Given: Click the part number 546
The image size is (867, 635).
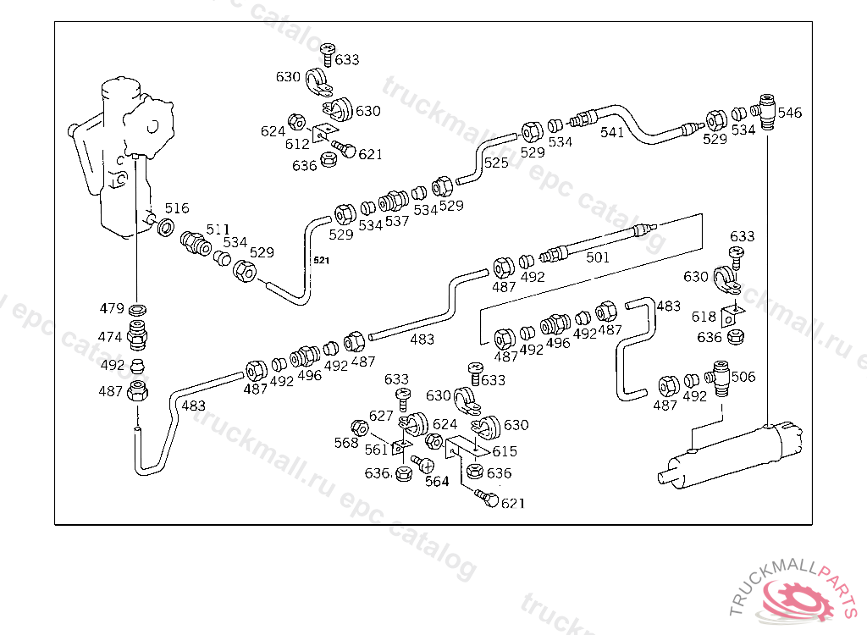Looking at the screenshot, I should point(789,113).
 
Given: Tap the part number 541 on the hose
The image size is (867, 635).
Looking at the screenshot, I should point(612,132).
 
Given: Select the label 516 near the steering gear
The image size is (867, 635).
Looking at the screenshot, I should point(177,208).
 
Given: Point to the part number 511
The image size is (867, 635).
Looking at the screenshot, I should point(218,229).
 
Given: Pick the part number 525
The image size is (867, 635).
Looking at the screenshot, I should point(496,162).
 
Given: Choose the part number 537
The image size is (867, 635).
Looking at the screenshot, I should point(397,222).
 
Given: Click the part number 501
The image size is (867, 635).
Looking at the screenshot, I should point(598,257).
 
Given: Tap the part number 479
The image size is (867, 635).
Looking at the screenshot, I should point(110,308).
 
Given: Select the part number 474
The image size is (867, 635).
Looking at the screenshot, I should point(110,336).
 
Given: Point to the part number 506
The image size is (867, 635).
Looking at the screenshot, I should point(743,377).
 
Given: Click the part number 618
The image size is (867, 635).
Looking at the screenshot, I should point(704,317).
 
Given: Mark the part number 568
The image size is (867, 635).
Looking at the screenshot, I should point(345,442).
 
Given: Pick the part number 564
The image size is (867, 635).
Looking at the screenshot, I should point(437,482).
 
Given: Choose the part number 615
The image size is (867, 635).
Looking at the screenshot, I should point(505,452).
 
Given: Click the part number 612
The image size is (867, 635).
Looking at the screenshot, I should point(297,144).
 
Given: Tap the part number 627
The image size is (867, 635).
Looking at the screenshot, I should point(381,416).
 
